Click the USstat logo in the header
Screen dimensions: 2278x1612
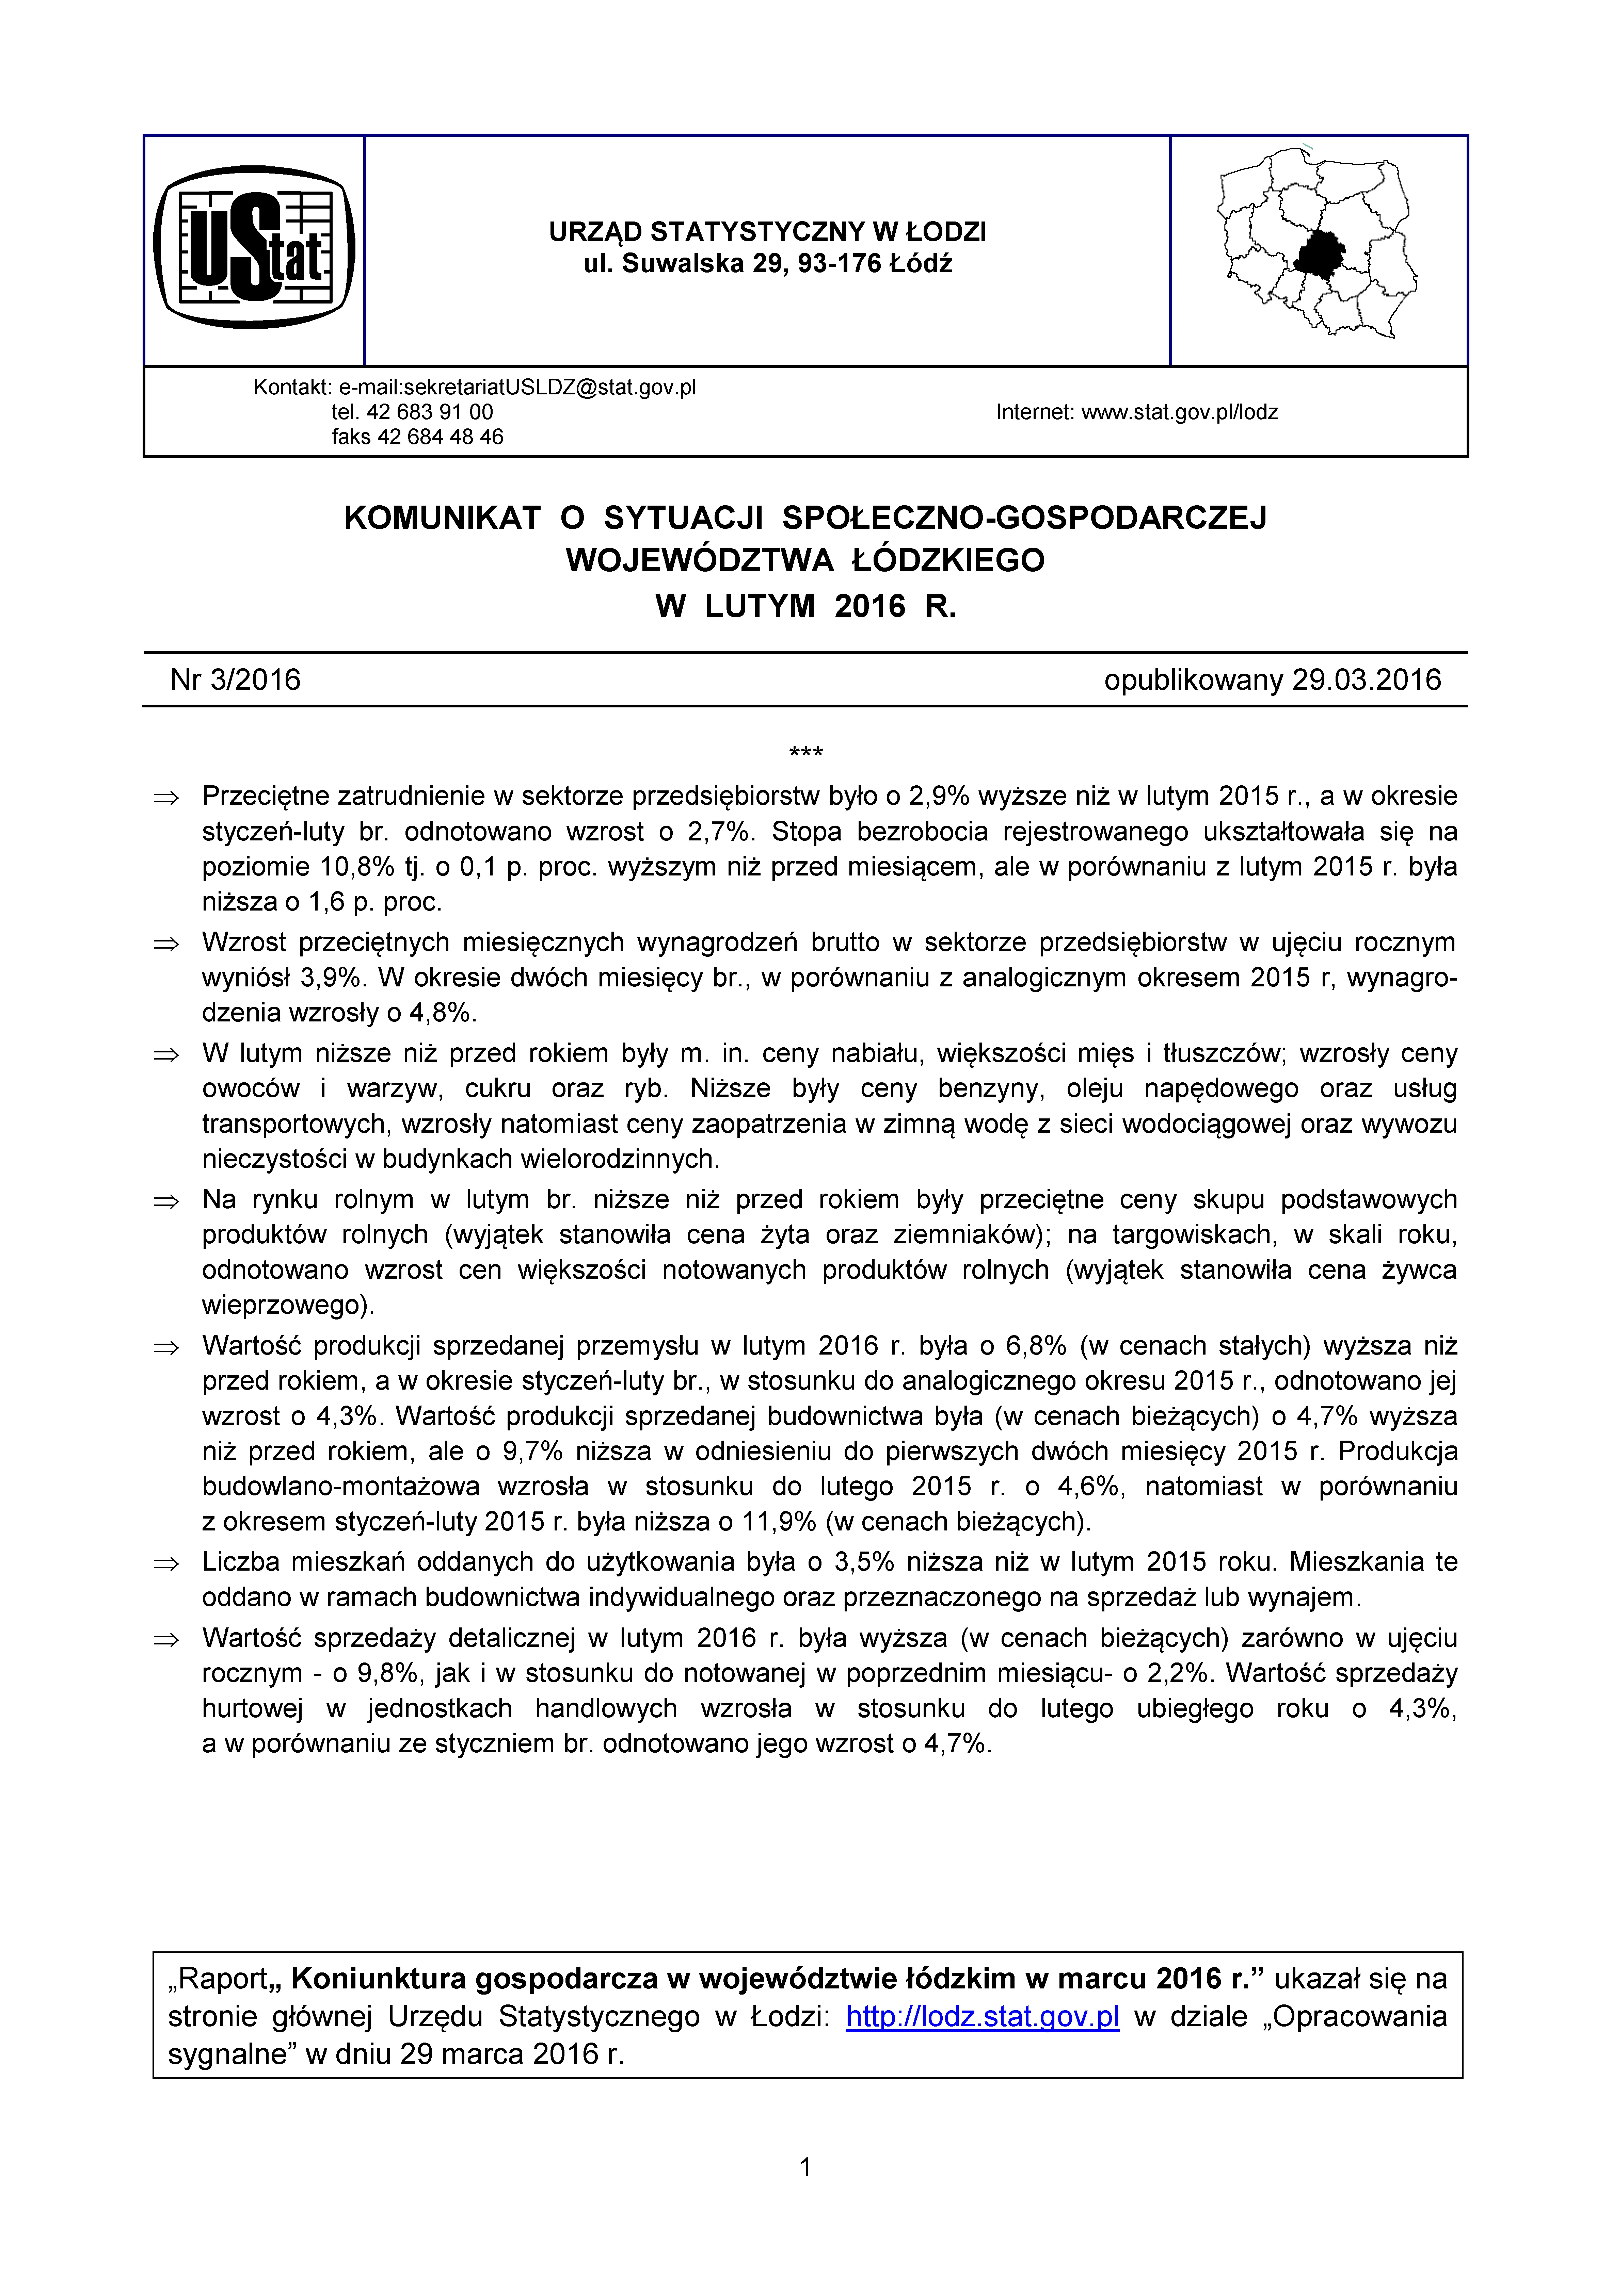tap(254, 248)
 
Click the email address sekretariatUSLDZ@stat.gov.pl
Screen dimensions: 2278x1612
tap(518, 387)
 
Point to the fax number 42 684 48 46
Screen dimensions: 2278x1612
tap(441, 437)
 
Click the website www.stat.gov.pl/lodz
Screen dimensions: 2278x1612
tap(1179, 412)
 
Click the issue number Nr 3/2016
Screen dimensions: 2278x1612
tap(235, 679)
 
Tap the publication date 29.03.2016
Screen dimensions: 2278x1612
tap(1366, 679)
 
